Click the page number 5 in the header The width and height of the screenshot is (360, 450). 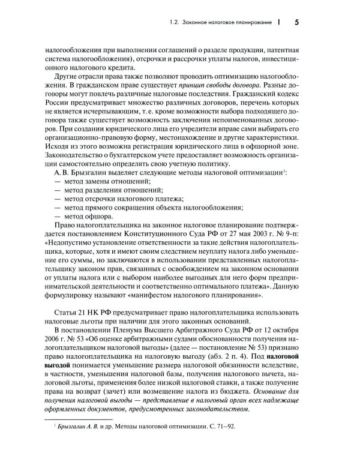tap(297, 23)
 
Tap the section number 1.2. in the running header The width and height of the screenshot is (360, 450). tap(178, 24)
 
